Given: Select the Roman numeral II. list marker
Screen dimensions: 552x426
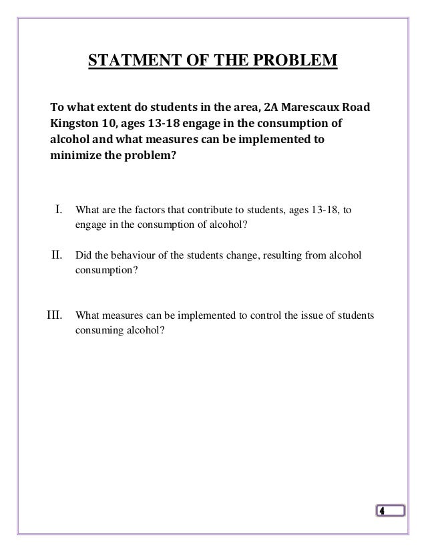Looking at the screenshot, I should (57, 254).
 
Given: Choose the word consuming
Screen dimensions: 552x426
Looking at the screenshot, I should (99, 329).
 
